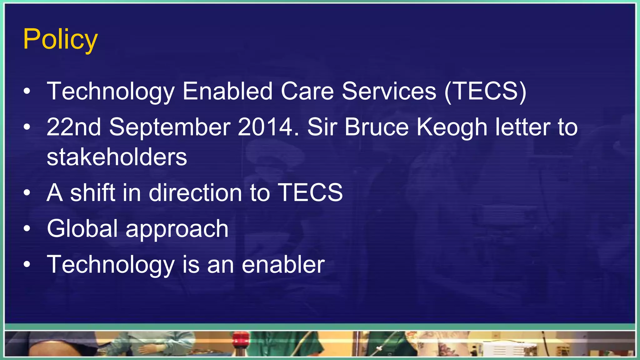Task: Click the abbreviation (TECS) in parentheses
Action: coord(485,91)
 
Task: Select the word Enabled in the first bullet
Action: coord(227,91)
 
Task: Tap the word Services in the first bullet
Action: coord(389,91)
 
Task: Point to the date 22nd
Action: coord(74,127)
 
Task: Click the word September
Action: coord(170,127)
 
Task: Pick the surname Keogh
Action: coord(452,127)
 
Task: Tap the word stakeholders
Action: coord(117,157)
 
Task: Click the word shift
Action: coord(93,192)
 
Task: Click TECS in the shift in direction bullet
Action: coord(310,192)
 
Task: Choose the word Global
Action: coord(82,228)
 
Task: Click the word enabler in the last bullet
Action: coord(283,264)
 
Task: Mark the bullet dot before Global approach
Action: coord(27,228)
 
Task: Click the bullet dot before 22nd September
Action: coord(27,127)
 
